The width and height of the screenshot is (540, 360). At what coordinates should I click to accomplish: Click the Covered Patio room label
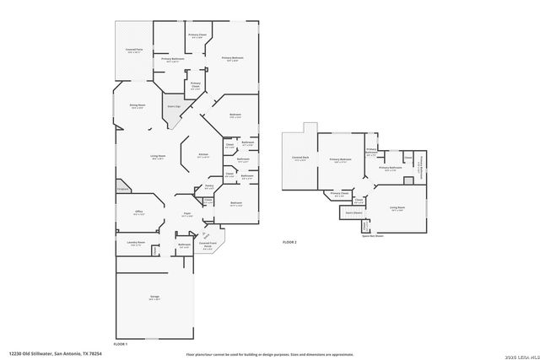[132, 51]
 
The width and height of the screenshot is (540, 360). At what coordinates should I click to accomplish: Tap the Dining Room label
[137, 105]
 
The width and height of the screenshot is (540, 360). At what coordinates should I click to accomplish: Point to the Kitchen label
[202, 156]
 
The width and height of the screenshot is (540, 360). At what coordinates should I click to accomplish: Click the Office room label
[138, 212]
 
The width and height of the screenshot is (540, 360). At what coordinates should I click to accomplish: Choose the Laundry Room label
[135, 244]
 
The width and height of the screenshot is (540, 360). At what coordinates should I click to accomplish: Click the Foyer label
[188, 215]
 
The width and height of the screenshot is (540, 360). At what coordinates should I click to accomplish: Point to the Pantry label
[208, 186]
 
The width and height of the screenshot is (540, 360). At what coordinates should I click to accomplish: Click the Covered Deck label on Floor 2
[300, 159]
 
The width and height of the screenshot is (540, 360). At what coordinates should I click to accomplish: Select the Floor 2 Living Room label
[397, 208]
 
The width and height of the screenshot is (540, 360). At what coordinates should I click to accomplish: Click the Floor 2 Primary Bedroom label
[340, 159]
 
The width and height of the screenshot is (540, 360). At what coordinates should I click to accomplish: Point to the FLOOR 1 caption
[121, 344]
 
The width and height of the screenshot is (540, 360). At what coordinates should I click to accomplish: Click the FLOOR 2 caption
[290, 242]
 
